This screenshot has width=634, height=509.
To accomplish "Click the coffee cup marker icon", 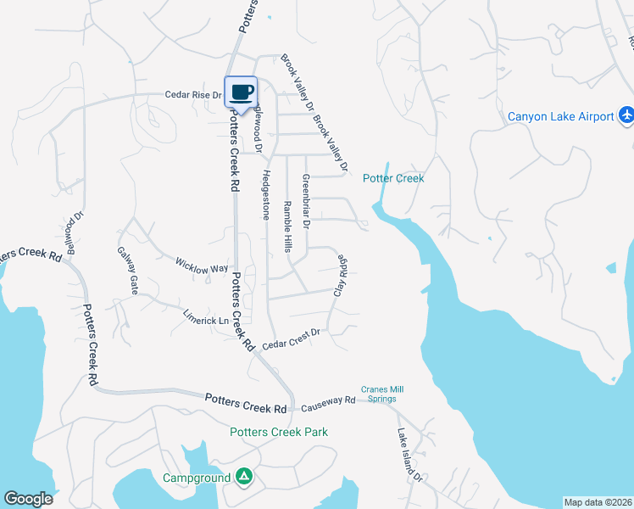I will tap(241, 91).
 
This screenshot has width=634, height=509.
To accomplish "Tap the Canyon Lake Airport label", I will tap(560, 116).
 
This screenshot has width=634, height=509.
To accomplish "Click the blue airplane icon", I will tap(626, 115).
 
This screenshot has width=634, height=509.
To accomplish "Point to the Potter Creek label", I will tap(392, 178).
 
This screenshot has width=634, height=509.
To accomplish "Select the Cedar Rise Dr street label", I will tap(192, 96).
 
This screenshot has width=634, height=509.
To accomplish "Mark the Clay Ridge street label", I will tap(341, 275).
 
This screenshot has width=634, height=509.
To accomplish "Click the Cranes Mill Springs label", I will tap(379, 394).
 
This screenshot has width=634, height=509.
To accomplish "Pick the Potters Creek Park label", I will tap(279, 432).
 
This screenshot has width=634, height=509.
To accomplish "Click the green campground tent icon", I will tap(244, 478).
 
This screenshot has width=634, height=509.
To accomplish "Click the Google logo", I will tap(28, 499).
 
